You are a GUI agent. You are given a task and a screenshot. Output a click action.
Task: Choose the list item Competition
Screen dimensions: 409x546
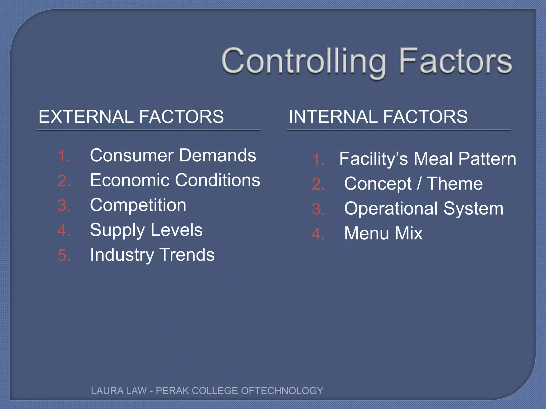[138, 205]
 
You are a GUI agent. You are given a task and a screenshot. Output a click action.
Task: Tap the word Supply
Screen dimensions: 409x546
[118, 230]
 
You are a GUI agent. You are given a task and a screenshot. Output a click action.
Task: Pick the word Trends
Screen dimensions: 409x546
[187, 255]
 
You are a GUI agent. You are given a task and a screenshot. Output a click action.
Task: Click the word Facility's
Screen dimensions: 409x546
[374, 159]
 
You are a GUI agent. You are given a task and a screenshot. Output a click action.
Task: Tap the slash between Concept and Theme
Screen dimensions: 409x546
[419, 184]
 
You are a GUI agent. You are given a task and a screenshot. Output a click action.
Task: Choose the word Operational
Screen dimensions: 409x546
[391, 208]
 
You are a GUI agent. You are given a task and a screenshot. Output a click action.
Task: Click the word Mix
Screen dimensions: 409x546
[409, 234]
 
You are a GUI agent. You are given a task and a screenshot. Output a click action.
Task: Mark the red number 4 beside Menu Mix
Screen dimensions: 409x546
[318, 234]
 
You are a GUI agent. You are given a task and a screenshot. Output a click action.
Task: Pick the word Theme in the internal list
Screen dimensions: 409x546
[455, 184]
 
